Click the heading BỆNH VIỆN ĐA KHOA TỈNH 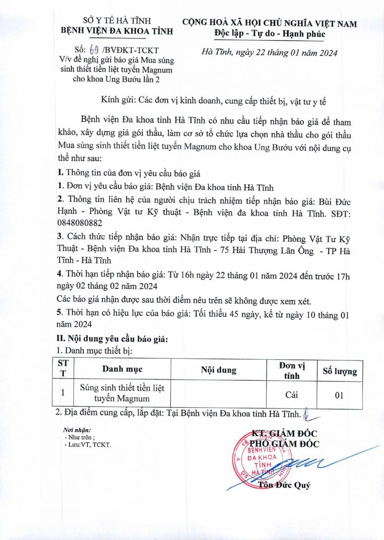(117, 31)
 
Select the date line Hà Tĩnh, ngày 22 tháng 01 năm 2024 (276, 53)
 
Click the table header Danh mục (122, 369)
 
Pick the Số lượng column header (339, 371)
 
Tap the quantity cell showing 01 (339, 395)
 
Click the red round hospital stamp (259, 461)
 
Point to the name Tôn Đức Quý (284, 485)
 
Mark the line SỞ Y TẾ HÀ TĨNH (116, 21)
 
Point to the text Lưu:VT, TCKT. (88, 445)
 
